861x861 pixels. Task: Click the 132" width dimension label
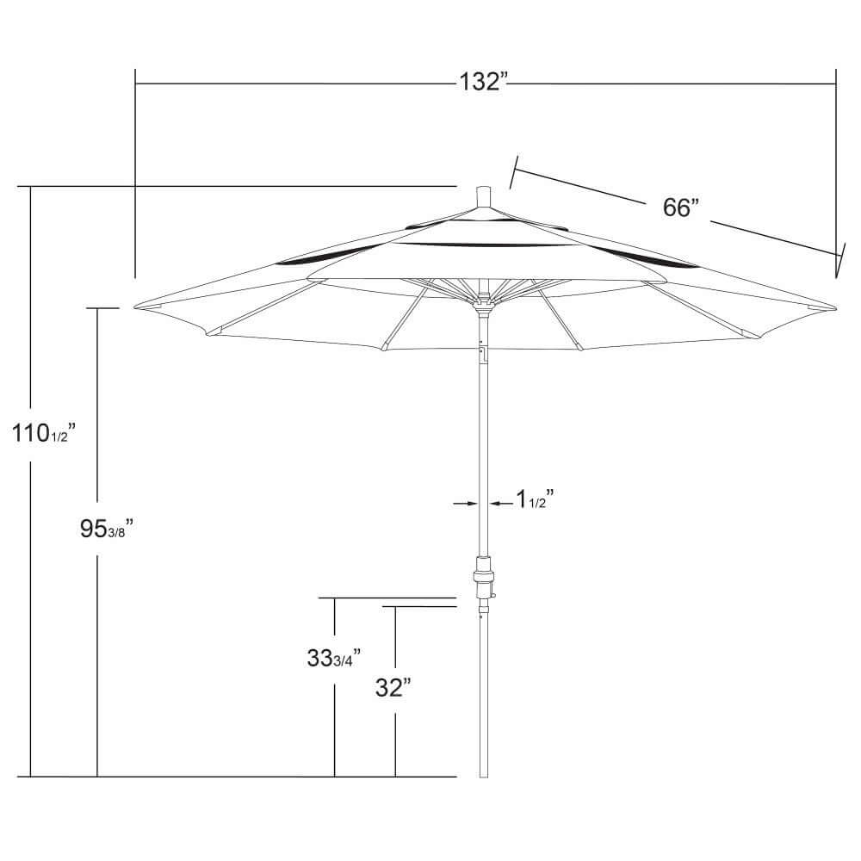(481, 82)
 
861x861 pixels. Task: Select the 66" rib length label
(681, 208)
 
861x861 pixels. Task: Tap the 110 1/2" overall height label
(44, 433)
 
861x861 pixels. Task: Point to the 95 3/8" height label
(107, 529)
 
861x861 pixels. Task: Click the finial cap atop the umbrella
(483, 197)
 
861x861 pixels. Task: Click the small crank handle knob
(493, 594)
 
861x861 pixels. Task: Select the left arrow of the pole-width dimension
(465, 503)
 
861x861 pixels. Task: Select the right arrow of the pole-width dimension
(501, 503)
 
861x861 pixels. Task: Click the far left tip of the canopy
(134, 307)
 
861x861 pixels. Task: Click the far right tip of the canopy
(836, 308)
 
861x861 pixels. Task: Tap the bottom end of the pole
(484, 777)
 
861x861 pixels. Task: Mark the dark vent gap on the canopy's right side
(645, 257)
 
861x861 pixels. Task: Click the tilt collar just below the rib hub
(484, 312)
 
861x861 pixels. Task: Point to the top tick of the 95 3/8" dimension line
(102, 308)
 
